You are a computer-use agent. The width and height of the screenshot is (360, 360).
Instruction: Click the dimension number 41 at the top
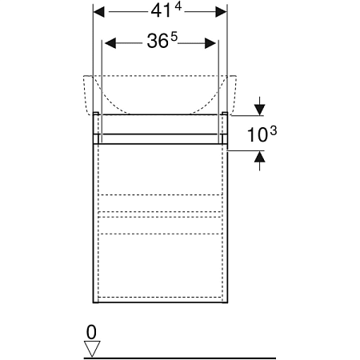pos(161,11)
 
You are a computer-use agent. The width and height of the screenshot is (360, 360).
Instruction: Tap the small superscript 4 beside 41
pos(178,6)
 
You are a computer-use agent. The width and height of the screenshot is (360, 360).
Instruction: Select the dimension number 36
pos(158,42)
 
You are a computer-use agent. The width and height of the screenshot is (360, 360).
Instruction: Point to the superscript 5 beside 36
pos(174,37)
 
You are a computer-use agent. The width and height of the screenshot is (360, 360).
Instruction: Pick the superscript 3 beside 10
pos(274,130)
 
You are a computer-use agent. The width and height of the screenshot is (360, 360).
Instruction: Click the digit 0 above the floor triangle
pos(91,332)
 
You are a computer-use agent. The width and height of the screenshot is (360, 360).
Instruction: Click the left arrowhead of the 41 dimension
pos(99,12)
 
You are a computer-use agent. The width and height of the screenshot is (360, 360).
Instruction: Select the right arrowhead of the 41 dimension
pos(221,12)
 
